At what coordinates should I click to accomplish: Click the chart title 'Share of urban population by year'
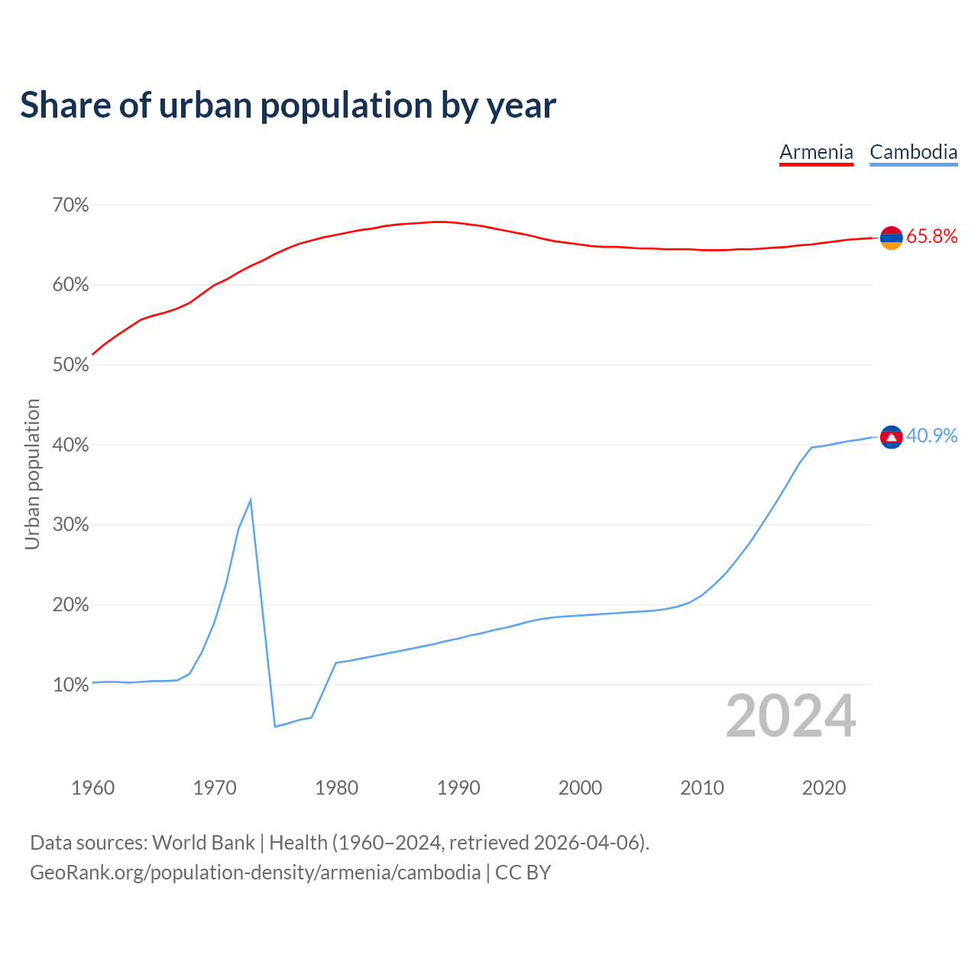click(x=288, y=105)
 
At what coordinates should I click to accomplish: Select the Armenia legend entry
click(x=816, y=152)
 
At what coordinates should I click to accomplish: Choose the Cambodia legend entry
click(x=913, y=152)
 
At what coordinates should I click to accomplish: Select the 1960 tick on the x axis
click(x=92, y=788)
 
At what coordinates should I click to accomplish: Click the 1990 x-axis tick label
click(x=458, y=788)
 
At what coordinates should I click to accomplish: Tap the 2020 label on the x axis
click(x=824, y=788)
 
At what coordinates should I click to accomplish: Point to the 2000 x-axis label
click(x=580, y=788)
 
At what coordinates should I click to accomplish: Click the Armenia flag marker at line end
click(x=891, y=238)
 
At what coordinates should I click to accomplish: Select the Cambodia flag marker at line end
click(x=891, y=437)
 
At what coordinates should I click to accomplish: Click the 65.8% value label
click(x=931, y=237)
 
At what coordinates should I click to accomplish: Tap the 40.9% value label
click(x=931, y=436)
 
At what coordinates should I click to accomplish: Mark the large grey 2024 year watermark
click(x=791, y=717)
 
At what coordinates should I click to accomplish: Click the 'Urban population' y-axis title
click(x=32, y=474)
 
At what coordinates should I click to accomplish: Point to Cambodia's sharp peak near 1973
click(x=251, y=500)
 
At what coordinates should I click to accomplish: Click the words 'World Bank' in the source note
click(x=203, y=843)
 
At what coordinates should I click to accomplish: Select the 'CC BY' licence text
click(x=523, y=873)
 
